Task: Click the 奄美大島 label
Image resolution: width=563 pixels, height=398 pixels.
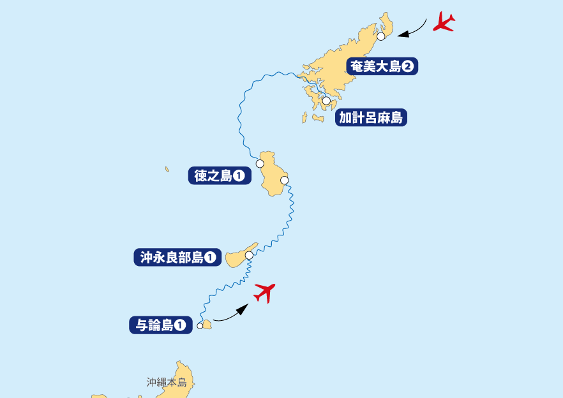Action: click(382, 66)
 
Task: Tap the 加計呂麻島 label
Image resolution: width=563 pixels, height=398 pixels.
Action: click(372, 118)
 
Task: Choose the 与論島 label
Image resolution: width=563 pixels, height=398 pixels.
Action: click(161, 325)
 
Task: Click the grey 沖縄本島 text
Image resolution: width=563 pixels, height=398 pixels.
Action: click(166, 383)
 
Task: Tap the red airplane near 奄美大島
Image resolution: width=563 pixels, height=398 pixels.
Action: click(444, 22)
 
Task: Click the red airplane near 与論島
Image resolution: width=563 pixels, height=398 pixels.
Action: click(264, 293)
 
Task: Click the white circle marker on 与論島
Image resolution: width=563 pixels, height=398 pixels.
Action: click(200, 326)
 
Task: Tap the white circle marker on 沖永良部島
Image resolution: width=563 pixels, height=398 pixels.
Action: click(249, 255)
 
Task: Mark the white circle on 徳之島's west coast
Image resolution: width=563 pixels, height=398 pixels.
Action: click(260, 164)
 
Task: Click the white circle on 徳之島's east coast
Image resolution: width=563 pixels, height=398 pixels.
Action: click(284, 181)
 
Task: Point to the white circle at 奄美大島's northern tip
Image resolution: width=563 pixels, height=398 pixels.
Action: click(381, 36)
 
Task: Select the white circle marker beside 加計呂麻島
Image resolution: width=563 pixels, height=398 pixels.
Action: click(326, 101)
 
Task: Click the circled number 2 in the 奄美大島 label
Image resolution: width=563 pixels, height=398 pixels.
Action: click(408, 66)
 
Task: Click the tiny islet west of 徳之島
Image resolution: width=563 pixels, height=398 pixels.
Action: click(167, 170)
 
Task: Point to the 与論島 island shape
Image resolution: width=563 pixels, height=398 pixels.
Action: click(207, 325)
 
